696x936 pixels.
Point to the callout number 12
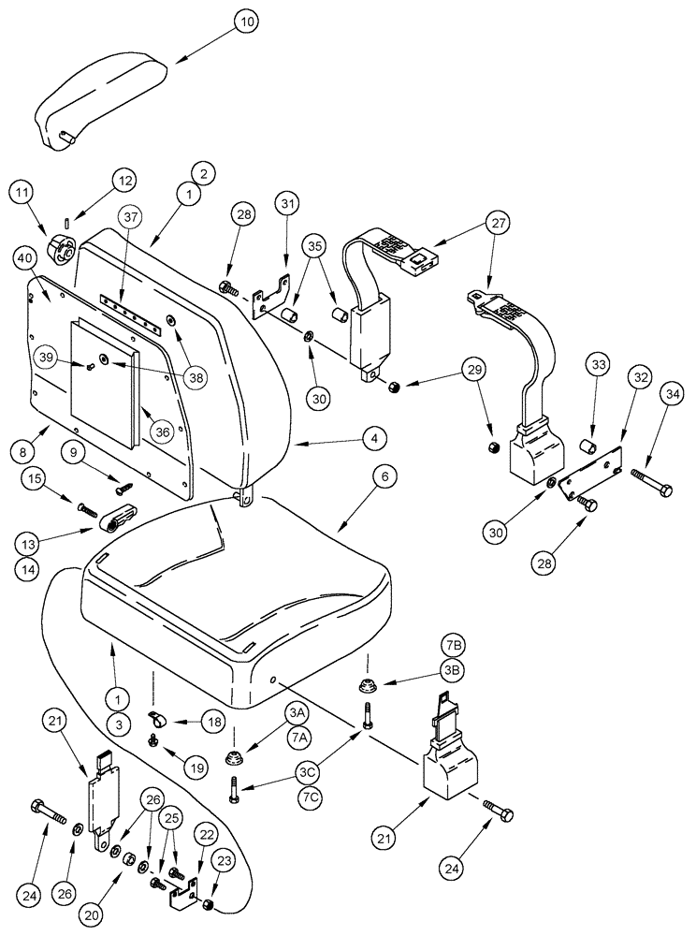[x=124, y=181]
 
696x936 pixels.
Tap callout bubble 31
[x=286, y=204]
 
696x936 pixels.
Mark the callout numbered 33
[x=600, y=364]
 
